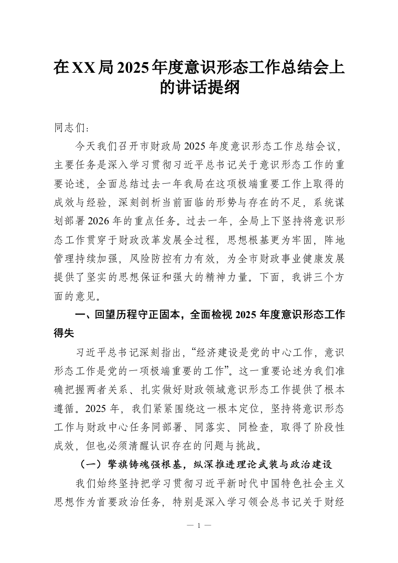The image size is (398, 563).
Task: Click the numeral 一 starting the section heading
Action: pyautogui.click(x=78, y=315)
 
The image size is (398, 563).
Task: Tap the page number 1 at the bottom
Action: pyautogui.click(x=199, y=525)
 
